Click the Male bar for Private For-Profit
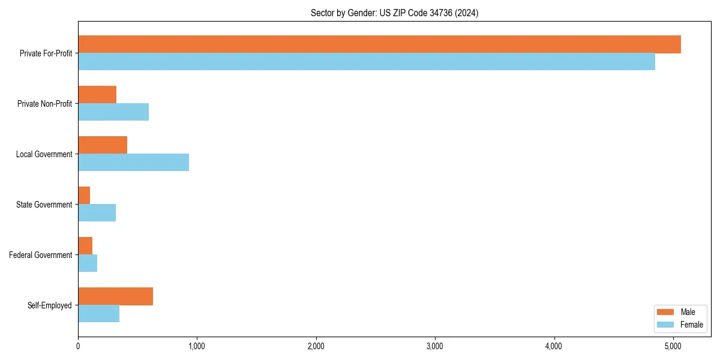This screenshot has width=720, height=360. coord(379,44)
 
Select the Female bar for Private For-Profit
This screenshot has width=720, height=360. coord(367,62)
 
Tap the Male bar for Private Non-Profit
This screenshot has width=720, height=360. coord(97,95)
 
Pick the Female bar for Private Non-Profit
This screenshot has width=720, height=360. coord(113,112)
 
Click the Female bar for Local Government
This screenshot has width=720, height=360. coord(133,163)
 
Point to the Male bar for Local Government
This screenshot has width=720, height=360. coord(103,145)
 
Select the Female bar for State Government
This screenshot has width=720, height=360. coord(97,213)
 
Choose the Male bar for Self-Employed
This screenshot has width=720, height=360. coord(115,296)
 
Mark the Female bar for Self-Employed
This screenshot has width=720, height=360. coord(98,314)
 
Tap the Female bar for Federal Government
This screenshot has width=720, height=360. coord(88,263)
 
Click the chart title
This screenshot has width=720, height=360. coord(394,13)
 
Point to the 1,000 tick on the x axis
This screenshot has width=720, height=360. coord(197,346)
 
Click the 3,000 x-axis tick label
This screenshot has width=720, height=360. coord(434,346)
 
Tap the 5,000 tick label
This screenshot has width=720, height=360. coord(673,346)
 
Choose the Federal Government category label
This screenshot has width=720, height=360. coord(41,255)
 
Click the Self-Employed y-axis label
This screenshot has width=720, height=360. coord(49,305)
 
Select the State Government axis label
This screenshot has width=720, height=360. coord(44,205)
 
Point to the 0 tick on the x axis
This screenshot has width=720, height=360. coord(78,346)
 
